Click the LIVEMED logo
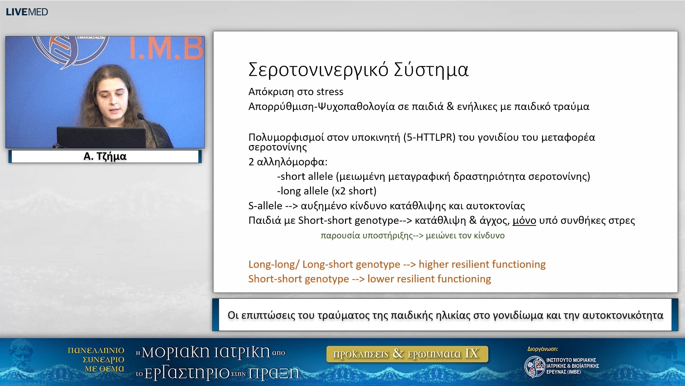point(27,12)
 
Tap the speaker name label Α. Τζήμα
point(105,157)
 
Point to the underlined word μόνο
point(524,221)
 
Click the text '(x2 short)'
point(354,191)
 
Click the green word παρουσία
point(340,236)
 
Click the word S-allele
point(265,206)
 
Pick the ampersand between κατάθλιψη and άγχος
point(473,220)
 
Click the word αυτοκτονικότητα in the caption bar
point(623,315)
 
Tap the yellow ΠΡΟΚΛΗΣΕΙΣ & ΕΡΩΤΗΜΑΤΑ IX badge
point(407,354)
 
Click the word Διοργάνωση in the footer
point(542,349)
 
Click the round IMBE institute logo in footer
point(534,366)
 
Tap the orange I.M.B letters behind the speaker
point(166,48)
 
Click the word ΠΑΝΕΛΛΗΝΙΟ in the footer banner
point(96,351)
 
